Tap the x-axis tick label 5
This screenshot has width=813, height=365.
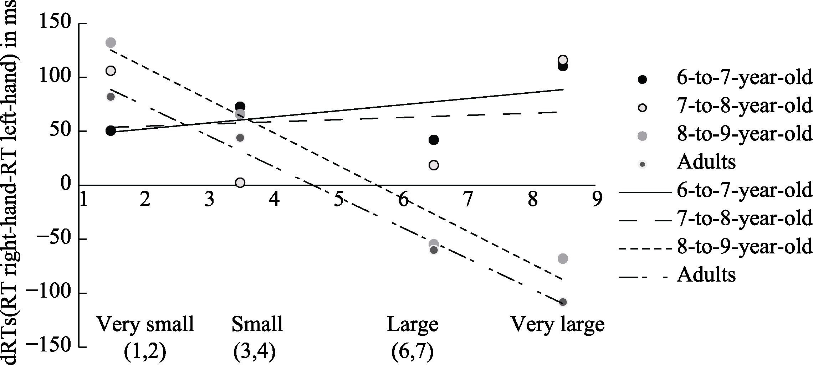(x=338, y=200)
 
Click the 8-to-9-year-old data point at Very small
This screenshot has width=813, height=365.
(x=111, y=43)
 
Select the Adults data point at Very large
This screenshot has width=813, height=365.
(x=563, y=302)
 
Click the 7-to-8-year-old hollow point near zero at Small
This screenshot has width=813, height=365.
(x=240, y=182)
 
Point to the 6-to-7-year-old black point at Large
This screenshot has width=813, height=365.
(x=434, y=140)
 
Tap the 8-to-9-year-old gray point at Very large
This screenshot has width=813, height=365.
(x=563, y=258)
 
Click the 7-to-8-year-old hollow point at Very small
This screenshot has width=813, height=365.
(x=111, y=71)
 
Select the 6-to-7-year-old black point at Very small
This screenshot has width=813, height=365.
(x=111, y=131)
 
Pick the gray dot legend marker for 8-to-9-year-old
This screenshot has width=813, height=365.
(x=643, y=136)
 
